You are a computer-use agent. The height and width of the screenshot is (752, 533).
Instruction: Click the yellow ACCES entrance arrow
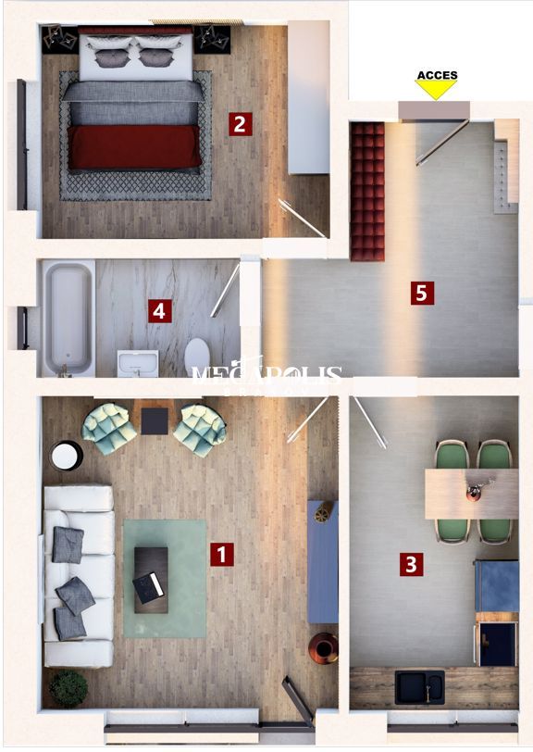pyautogui.click(x=436, y=90)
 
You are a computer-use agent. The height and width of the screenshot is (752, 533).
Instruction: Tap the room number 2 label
pyautogui.click(x=240, y=123)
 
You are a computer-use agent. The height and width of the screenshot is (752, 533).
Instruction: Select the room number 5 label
pyautogui.click(x=422, y=294)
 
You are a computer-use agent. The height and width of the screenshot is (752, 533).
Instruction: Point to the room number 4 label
pyautogui.click(x=160, y=311)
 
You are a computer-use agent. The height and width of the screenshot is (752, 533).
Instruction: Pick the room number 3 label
pyautogui.click(x=412, y=563)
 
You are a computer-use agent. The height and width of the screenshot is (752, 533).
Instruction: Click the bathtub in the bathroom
pyautogui.click(x=68, y=318)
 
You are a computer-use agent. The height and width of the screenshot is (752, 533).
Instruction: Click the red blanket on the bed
pyautogui.click(x=134, y=146)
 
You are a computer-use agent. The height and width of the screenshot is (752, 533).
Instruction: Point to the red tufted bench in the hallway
pyautogui.click(x=367, y=191)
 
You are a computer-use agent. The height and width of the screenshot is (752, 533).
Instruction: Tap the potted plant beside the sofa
pyautogui.click(x=68, y=688)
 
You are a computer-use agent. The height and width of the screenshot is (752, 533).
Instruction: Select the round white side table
pyautogui.click(x=66, y=456)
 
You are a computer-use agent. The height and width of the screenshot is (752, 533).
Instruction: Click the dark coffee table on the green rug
pyautogui.click(x=151, y=579)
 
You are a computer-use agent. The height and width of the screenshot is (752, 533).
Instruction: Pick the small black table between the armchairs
pyautogui.click(x=155, y=421)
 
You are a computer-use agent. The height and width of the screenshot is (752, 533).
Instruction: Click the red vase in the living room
pyautogui.click(x=324, y=647)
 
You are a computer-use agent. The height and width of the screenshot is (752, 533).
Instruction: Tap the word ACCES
pyautogui.click(x=437, y=75)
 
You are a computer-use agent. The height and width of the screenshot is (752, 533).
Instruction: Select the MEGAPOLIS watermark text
pyautogui.click(x=266, y=374)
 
